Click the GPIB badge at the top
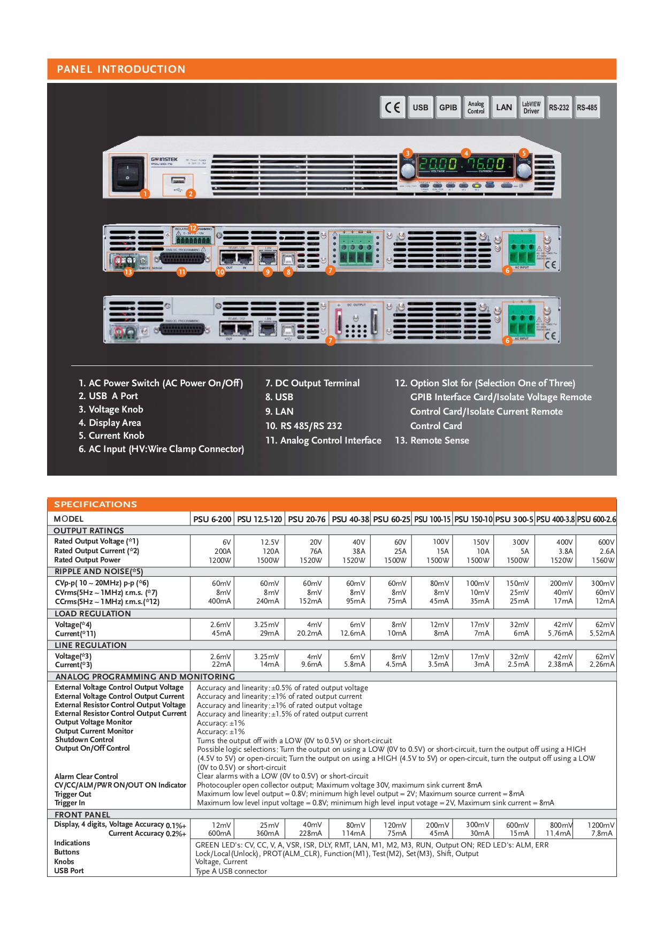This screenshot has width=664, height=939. [448, 108]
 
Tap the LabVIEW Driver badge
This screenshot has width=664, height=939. [531, 108]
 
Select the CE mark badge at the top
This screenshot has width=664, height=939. [392, 108]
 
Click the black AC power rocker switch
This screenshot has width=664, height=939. [127, 173]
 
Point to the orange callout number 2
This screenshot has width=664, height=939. [190, 194]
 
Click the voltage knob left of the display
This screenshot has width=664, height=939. [408, 171]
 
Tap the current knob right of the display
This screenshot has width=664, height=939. [523, 171]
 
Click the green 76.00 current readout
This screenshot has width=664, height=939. [486, 164]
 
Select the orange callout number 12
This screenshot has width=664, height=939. [193, 228]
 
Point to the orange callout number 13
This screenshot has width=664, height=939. [128, 272]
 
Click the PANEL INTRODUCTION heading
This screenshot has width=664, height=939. [121, 69]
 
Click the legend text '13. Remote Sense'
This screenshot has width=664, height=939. [432, 440]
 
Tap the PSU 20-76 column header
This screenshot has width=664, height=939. [307, 519]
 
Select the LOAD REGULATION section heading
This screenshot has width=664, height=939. [93, 614]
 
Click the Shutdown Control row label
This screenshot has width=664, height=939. [85, 739]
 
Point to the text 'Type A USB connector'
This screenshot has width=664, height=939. [231, 871]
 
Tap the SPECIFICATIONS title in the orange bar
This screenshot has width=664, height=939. [95, 504]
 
